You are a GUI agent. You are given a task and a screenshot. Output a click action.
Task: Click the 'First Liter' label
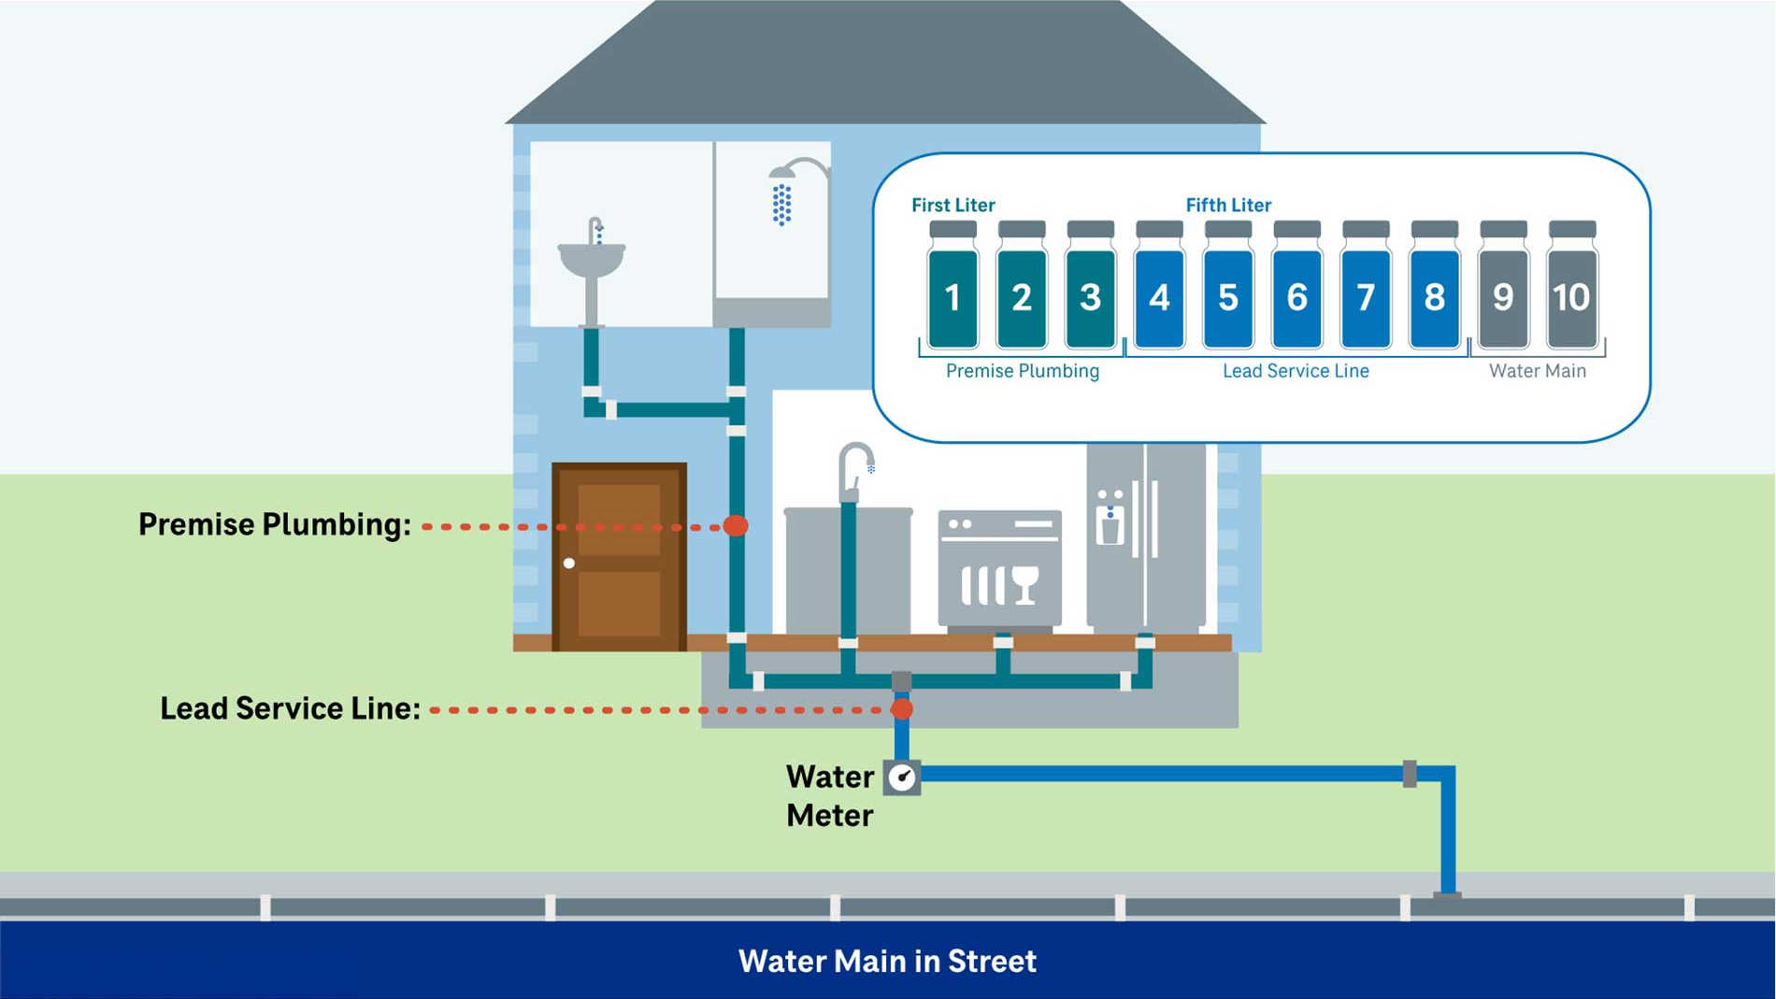tap(952, 205)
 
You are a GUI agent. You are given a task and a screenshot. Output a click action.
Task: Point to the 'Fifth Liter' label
tap(1227, 205)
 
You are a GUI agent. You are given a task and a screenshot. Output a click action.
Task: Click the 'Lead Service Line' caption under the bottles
tap(1295, 371)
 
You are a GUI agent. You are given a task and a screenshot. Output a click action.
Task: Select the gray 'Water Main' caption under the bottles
tap(1537, 371)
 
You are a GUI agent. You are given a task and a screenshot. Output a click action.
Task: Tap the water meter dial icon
tap(902, 777)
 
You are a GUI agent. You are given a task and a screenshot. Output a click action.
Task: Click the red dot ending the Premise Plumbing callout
tap(736, 526)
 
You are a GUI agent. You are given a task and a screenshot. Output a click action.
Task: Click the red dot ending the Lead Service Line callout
tap(901, 709)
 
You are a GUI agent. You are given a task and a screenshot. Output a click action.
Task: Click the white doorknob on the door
tap(568, 564)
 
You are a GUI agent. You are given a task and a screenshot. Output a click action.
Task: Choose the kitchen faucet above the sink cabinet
tap(854, 467)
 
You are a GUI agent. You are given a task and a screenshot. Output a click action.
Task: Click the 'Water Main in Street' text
tap(887, 961)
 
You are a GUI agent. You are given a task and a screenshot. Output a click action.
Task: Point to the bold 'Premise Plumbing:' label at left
tap(274, 524)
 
